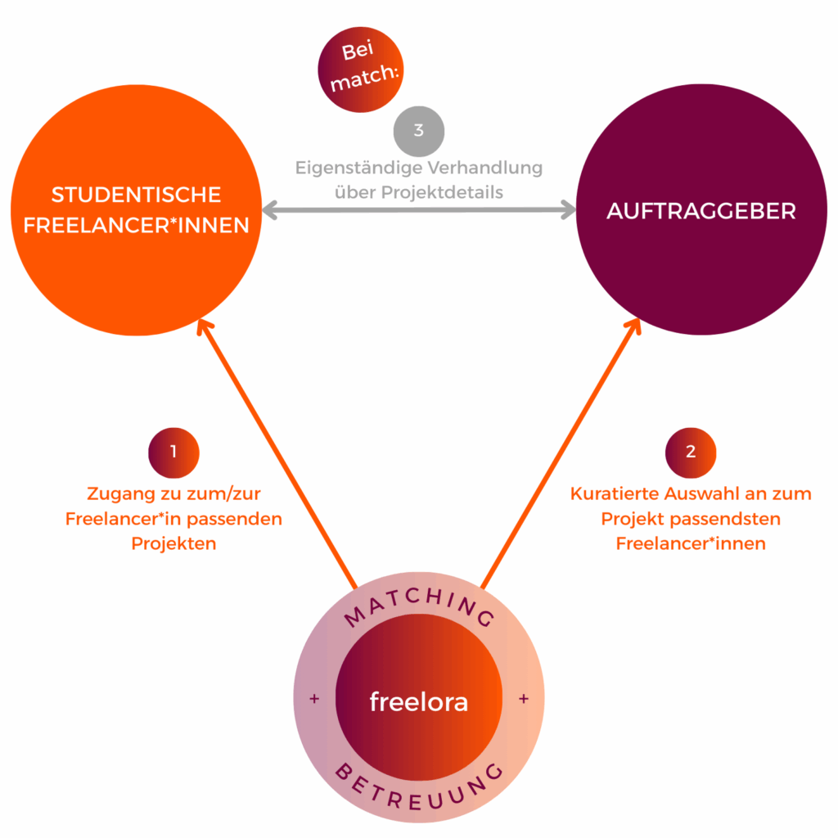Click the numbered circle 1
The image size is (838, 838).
coord(173,451)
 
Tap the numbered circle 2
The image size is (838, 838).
coord(691,451)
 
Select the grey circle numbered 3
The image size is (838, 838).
coord(418,132)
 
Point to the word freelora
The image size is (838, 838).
coord(418,701)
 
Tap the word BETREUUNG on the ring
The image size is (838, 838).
coord(419,788)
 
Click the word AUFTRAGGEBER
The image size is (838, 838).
coord(701,210)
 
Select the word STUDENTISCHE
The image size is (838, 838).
coord(136,195)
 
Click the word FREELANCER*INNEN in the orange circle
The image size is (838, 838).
coord(136,225)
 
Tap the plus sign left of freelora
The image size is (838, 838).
coord(314,700)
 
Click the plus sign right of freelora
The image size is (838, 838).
coord(524,700)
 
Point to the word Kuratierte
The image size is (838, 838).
coord(612,494)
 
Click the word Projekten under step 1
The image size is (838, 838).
coord(173,543)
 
